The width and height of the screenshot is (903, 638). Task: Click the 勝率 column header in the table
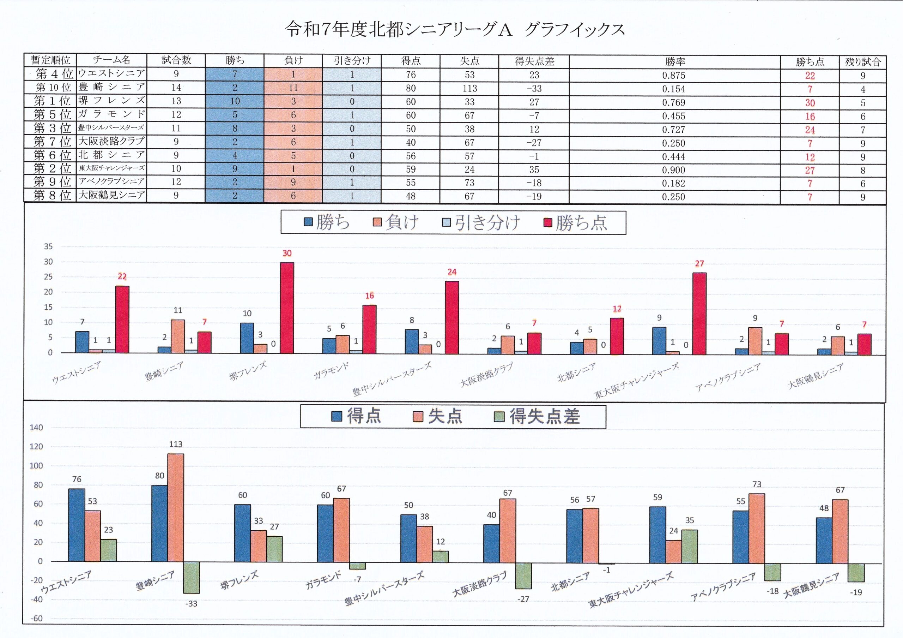(x=675, y=61)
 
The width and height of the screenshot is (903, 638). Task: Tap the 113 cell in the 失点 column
(x=469, y=89)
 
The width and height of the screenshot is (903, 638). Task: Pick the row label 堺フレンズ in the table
(x=111, y=101)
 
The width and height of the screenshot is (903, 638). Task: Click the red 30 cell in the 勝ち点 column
(x=810, y=103)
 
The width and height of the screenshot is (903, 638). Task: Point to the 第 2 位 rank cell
(x=52, y=168)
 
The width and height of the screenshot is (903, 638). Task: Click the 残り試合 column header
(x=863, y=62)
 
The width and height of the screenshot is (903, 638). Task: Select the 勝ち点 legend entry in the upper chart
(x=577, y=223)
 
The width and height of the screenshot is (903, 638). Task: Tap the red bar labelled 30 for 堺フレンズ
(x=287, y=308)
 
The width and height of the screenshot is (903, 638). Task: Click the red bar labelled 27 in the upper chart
(x=699, y=313)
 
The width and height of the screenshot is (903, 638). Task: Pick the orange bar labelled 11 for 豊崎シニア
(x=178, y=336)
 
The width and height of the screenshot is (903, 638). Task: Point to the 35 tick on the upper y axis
(x=48, y=246)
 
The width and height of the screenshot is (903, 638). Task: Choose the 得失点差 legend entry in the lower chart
(x=537, y=416)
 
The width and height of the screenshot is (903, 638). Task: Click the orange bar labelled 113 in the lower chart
(x=175, y=507)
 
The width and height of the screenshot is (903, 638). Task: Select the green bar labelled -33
(x=192, y=577)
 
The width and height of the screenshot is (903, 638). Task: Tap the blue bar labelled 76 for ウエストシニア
(x=77, y=525)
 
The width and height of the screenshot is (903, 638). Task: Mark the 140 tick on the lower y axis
(x=37, y=428)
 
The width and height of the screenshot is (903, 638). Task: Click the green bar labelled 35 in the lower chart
(x=690, y=546)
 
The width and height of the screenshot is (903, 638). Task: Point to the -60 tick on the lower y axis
(x=37, y=618)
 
